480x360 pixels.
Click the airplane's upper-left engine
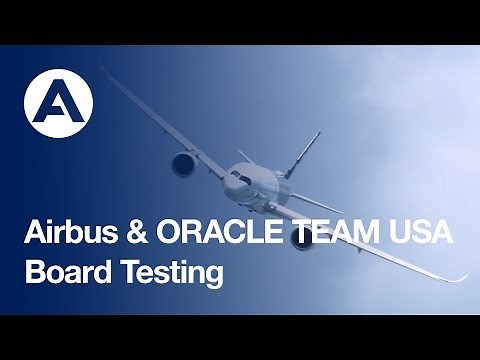183,163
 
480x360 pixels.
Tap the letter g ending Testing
212,275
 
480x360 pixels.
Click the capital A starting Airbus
34,234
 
